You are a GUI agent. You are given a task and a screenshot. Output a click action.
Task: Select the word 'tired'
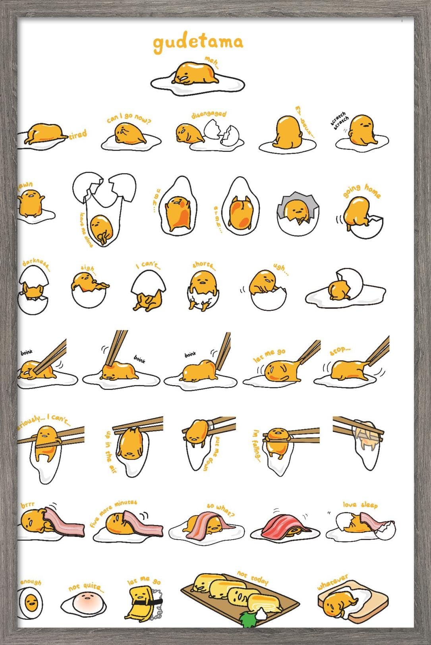tap(77, 135)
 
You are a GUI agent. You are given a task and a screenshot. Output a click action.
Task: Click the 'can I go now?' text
tap(129, 118)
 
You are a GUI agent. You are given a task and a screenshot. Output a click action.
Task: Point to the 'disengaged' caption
tap(209, 114)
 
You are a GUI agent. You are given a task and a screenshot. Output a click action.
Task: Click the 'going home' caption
tap(361, 191)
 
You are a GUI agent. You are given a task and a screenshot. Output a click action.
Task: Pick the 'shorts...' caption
tap(205, 265)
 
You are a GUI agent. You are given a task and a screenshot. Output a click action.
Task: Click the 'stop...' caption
tap(340, 351)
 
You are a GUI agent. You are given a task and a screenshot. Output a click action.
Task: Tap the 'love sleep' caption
tap(360, 505)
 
